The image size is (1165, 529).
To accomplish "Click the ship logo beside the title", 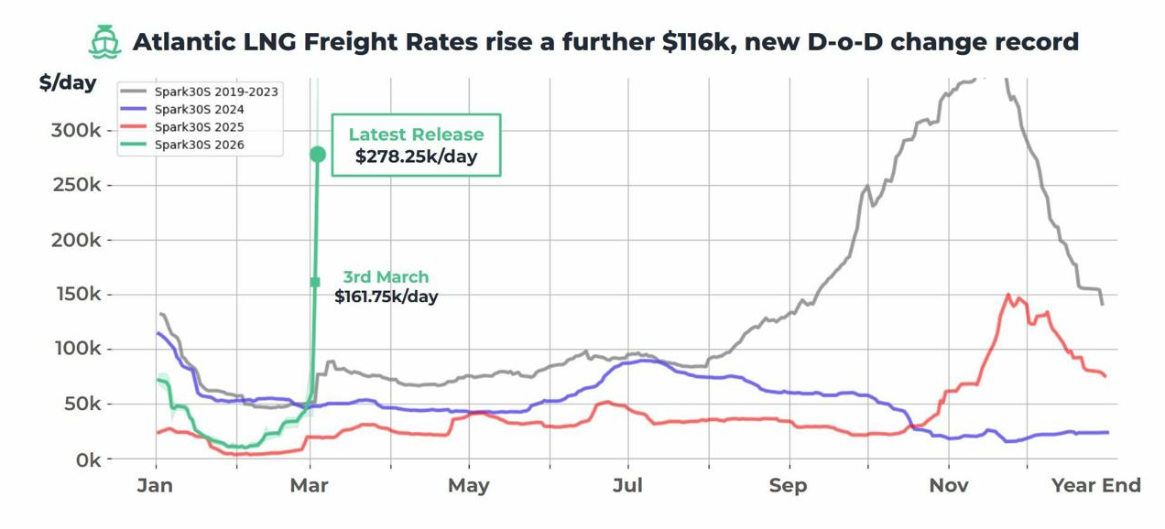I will (x=104, y=42).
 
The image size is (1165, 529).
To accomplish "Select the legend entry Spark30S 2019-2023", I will (x=216, y=92).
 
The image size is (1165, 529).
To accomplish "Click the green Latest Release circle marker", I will (x=318, y=155).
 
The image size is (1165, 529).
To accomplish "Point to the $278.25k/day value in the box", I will (x=417, y=157).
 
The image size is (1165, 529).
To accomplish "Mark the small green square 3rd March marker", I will (x=315, y=282).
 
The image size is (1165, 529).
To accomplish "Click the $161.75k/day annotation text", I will (x=386, y=297).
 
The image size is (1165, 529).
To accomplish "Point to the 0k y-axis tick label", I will (x=83, y=459).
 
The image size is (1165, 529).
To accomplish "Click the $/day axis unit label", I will (x=68, y=82).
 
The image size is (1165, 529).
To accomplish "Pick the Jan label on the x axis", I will (x=155, y=485).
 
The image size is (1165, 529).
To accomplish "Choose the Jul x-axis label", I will (x=628, y=485).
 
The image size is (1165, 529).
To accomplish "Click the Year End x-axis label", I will (x=1096, y=485).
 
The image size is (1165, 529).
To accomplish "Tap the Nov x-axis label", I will (x=948, y=485).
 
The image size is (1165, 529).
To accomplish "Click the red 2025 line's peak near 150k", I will (x=1008, y=295).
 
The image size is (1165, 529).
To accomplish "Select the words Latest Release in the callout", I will (x=416, y=135).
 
